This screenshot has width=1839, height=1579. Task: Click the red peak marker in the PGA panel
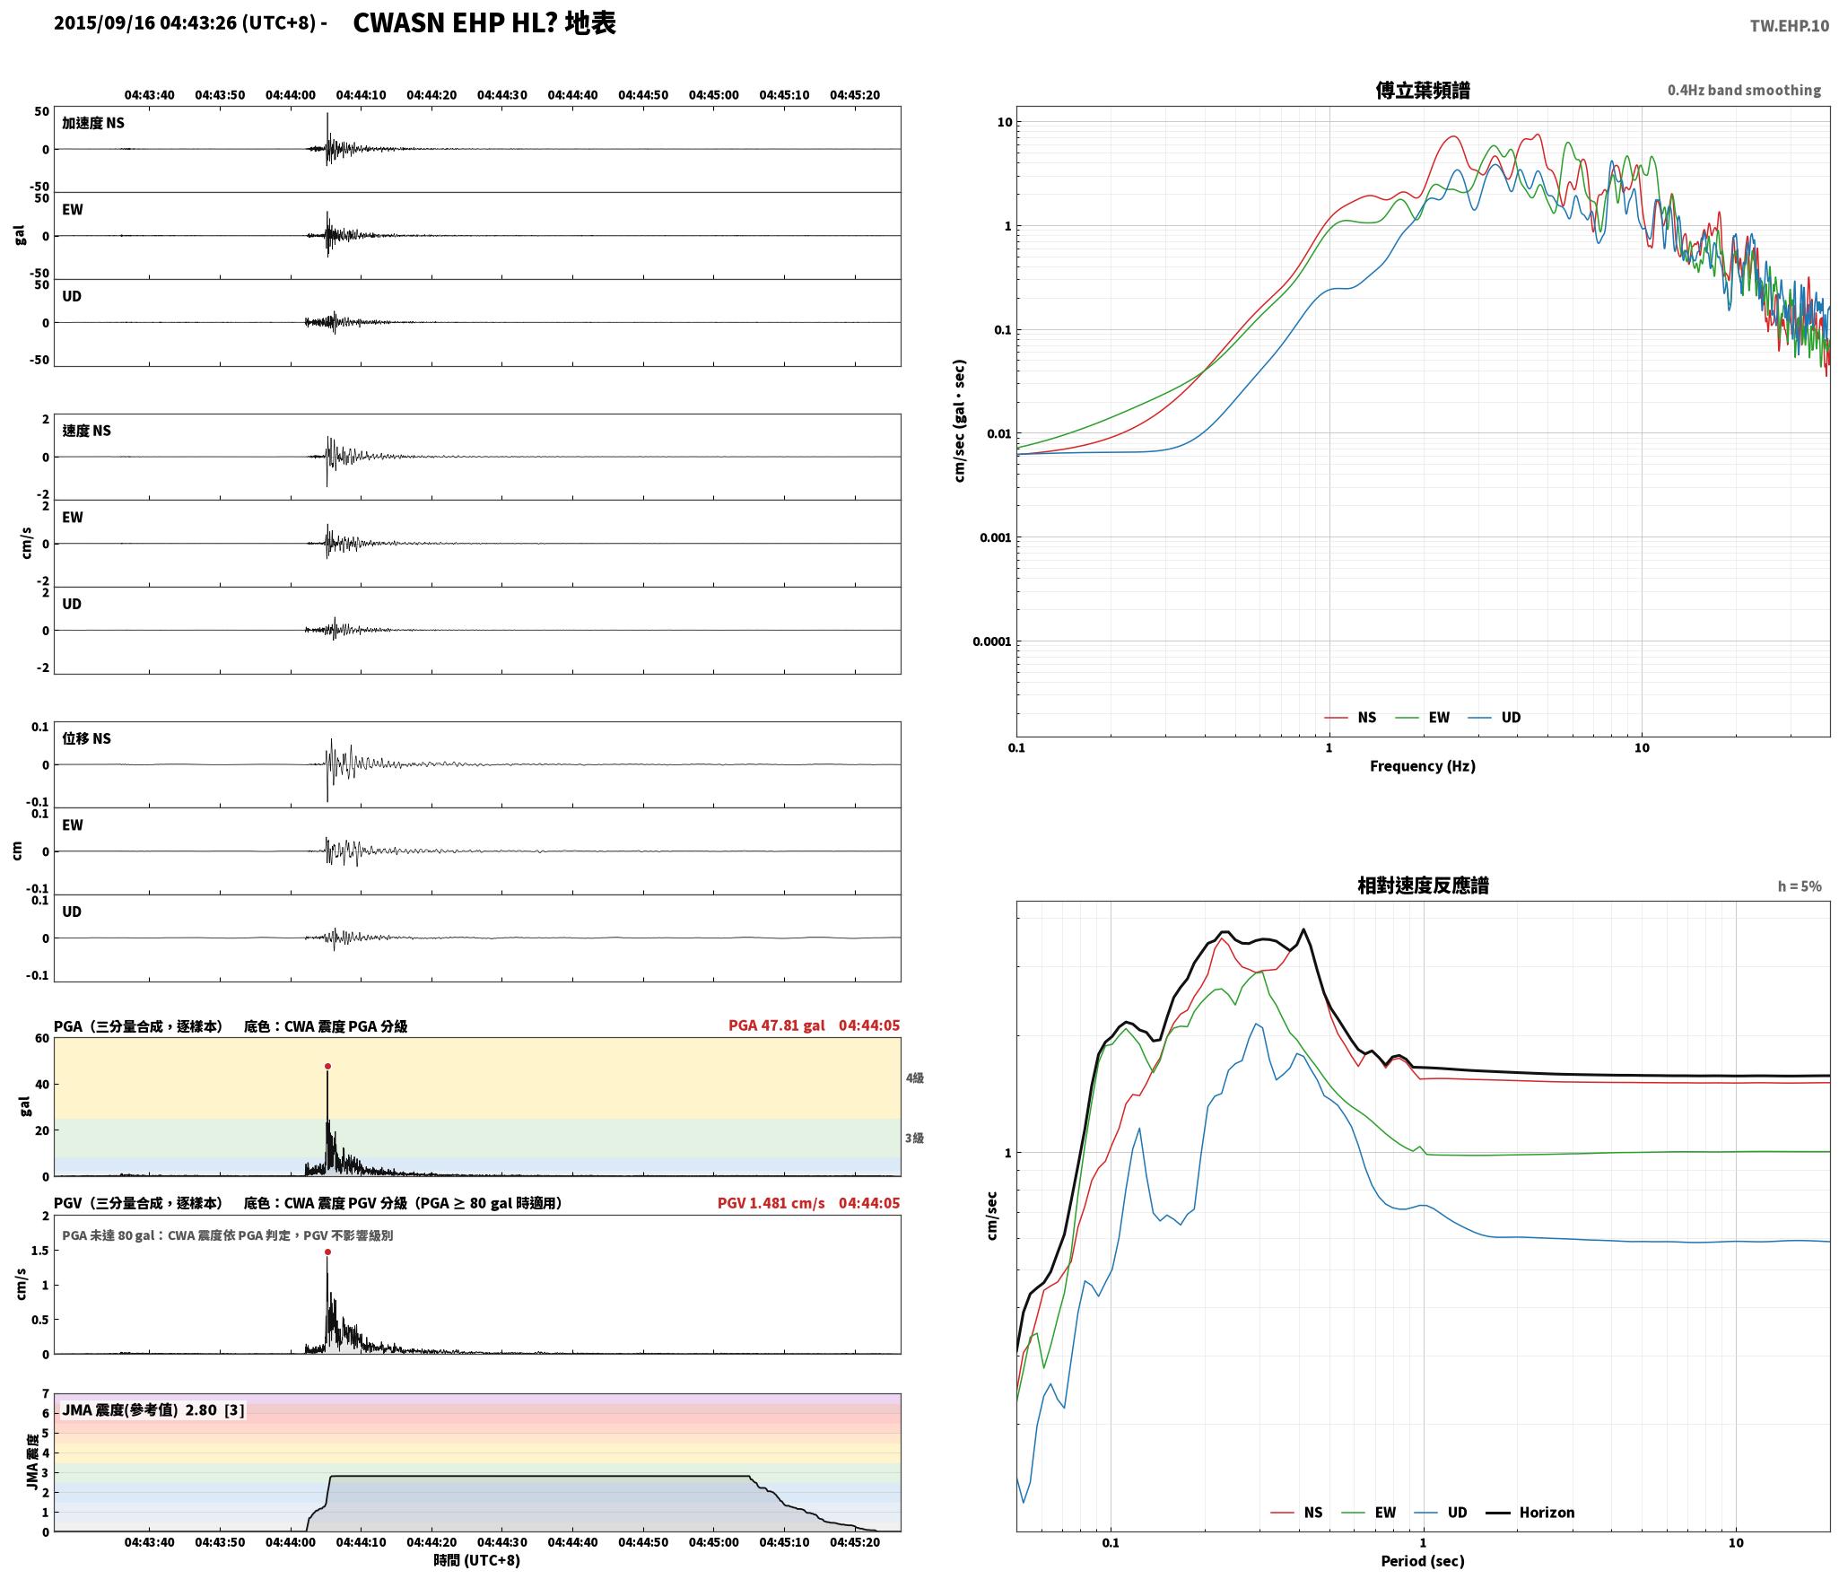click(x=327, y=1067)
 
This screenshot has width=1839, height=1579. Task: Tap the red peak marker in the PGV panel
click(x=327, y=1252)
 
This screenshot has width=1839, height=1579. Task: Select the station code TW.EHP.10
click(x=1789, y=26)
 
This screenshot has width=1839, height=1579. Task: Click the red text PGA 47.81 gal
click(x=776, y=1025)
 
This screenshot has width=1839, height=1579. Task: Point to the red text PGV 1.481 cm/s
click(x=771, y=1203)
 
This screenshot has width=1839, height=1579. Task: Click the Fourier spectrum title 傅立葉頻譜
click(x=1423, y=90)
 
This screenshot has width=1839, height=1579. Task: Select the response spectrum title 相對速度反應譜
click(x=1423, y=885)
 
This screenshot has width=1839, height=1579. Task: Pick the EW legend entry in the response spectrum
click(x=1369, y=1513)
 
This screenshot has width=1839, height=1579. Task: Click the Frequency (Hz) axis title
click(x=1423, y=766)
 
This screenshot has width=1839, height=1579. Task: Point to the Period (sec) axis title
click(x=1423, y=1561)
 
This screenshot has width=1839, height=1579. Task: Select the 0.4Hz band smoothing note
click(x=1744, y=91)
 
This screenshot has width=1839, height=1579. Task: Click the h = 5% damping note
click(x=1800, y=886)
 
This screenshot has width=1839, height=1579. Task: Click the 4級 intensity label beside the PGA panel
click(x=914, y=1078)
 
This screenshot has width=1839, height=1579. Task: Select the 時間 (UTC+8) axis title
click(x=476, y=1560)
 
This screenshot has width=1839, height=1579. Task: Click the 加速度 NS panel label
click(x=93, y=123)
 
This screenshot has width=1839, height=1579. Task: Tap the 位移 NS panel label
click(x=86, y=738)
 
